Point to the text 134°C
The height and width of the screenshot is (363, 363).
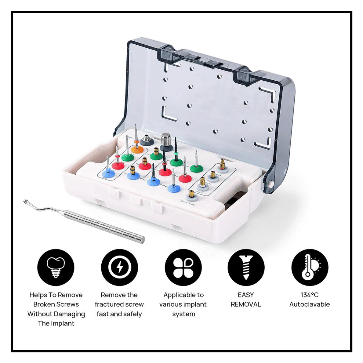pyautogui.click(x=310, y=295)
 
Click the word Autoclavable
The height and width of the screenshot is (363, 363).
pyautogui.click(x=310, y=304)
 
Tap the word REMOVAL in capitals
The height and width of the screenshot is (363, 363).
pyautogui.click(x=246, y=304)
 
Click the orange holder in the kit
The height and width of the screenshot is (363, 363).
pyautogui.click(x=137, y=148)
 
